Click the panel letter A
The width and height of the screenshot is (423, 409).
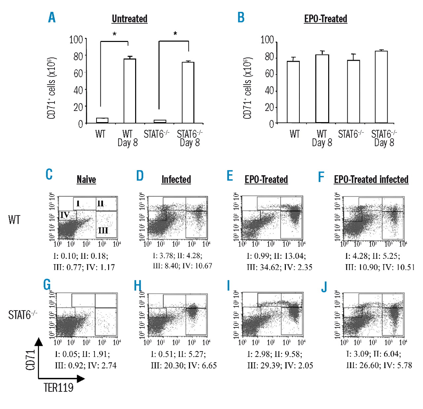pos(52,17)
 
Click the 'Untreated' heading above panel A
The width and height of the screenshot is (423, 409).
pos(130,19)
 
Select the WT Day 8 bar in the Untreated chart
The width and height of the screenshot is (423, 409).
pos(130,91)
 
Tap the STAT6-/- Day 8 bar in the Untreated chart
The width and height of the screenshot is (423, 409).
pos(188,92)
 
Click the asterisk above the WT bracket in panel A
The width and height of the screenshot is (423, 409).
pos(115,34)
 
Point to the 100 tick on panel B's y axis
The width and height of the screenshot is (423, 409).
pos(267,40)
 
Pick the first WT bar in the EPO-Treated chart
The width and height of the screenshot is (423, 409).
pos(293,92)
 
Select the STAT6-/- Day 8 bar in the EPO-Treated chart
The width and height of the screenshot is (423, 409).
pos(381,87)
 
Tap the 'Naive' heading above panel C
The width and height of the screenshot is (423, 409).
pos(86,180)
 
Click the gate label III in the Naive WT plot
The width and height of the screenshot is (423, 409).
pos(103,230)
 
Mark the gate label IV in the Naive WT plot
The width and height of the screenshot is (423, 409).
pos(65,215)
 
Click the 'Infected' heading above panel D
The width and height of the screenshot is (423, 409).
pos(176,180)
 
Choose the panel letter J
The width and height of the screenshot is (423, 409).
pos(324,287)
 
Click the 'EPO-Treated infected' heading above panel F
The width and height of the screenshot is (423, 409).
pos(371,180)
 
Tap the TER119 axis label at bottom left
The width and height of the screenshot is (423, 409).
pos(58,388)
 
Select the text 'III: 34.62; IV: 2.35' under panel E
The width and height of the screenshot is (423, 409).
pos(280,267)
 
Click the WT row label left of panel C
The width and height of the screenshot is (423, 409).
pos(14,220)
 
